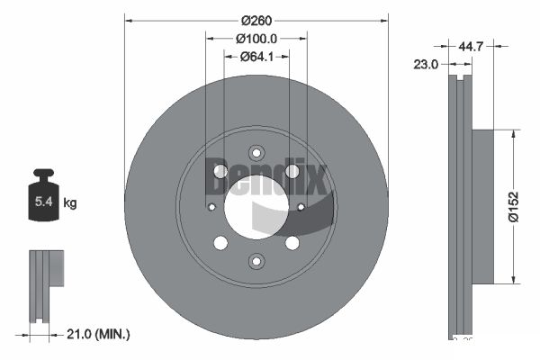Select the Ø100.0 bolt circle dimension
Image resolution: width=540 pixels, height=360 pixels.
click(x=256, y=39)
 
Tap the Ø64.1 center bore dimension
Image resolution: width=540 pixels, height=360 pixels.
click(x=256, y=58)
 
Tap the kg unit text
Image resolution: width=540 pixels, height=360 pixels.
click(x=70, y=203)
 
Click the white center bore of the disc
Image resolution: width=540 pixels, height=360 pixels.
click(x=256, y=206)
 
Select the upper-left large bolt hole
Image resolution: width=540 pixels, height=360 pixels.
click(x=220, y=171)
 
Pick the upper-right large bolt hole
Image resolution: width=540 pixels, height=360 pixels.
click(x=292, y=171)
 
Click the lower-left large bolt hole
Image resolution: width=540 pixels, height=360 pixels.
click(x=220, y=243)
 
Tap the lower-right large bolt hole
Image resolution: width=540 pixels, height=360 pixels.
click(x=292, y=243)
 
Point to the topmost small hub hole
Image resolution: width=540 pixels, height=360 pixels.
click(x=256, y=152)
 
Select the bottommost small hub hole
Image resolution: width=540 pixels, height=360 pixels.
click(x=256, y=261)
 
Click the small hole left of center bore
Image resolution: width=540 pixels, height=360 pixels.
click(x=211, y=207)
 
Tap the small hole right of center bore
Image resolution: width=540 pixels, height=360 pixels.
click(x=301, y=207)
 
